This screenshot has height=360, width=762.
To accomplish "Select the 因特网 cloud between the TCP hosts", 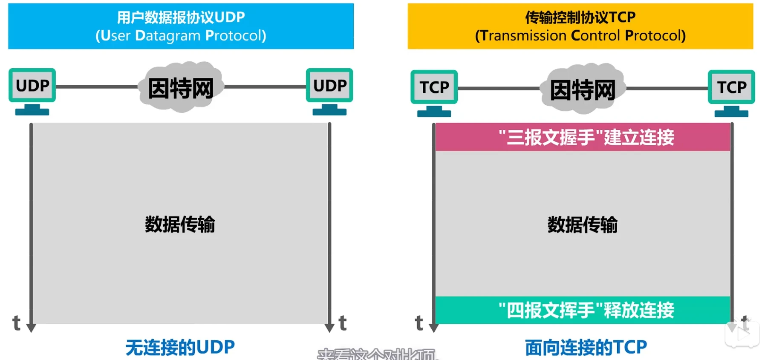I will (583, 89).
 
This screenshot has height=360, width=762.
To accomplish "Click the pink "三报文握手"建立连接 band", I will (583, 137).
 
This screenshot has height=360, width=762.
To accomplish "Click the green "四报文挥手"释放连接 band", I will (583, 310).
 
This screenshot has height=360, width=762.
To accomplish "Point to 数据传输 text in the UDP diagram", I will (180, 224).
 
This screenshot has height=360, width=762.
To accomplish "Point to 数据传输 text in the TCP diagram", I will (582, 225).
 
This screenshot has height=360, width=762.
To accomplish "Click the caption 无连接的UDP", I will (180, 347).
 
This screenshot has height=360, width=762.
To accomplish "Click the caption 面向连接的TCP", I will (586, 347).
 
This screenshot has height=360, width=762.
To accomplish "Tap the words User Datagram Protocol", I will (181, 36).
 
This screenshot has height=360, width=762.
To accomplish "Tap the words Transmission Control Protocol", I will (580, 36).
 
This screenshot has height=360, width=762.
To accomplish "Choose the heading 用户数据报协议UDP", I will (181, 17).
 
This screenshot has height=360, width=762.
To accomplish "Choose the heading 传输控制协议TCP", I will (580, 17).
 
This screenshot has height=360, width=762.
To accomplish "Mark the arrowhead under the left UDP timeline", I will (31, 328).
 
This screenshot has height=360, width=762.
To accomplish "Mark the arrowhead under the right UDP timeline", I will (329, 328).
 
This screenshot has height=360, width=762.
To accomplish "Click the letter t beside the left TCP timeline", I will (419, 323).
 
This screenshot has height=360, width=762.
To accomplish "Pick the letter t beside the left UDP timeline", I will (17, 323).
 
